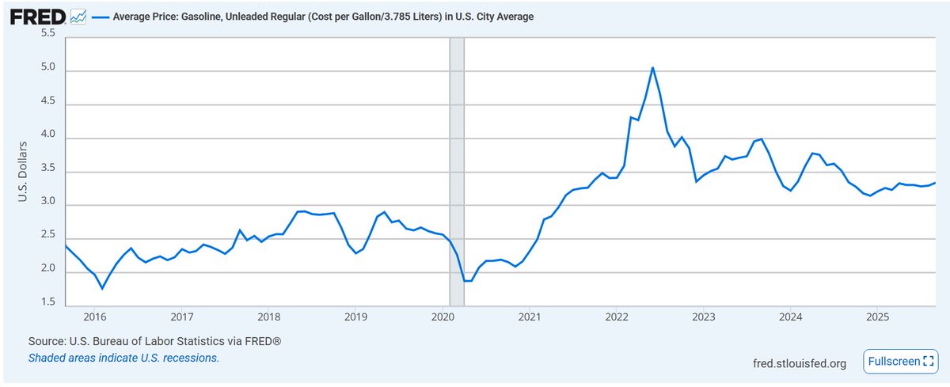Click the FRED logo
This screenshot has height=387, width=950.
(x=37, y=15)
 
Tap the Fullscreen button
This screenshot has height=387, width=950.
(x=899, y=361)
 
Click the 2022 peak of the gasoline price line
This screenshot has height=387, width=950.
(x=652, y=67)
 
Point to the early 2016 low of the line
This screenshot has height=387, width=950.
(x=102, y=288)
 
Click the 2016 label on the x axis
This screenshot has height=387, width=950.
(x=94, y=317)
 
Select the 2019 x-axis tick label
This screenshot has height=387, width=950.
(x=355, y=317)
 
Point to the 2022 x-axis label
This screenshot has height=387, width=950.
(x=617, y=317)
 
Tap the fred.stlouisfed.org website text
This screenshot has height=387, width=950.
(x=800, y=363)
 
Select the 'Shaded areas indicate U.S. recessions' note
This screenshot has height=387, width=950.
(x=123, y=358)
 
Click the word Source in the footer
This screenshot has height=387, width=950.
(x=46, y=341)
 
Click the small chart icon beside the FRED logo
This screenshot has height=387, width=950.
(x=79, y=15)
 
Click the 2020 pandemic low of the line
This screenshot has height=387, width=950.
(x=467, y=281)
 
